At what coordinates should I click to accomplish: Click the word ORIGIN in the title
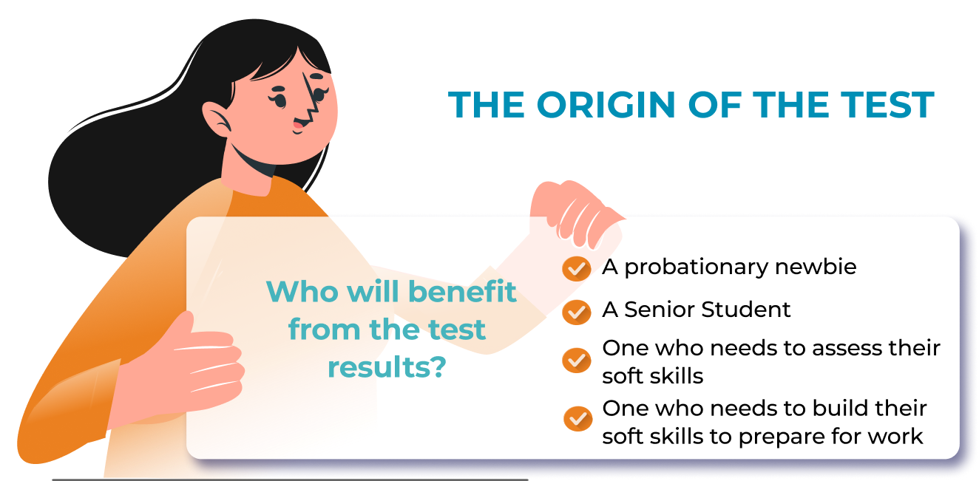(606, 105)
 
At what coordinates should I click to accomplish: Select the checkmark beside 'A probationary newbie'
(577, 269)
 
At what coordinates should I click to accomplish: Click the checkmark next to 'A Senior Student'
(577, 312)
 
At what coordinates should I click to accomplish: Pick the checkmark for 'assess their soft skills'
(577, 361)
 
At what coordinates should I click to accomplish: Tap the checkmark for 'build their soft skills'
(577, 419)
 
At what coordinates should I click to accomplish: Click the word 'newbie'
(816, 267)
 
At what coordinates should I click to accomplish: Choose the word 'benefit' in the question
(464, 291)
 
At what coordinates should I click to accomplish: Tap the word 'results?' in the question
(387, 367)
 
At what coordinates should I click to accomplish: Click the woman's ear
(216, 119)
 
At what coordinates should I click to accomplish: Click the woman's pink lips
(298, 126)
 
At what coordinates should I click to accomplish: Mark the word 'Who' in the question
(302, 291)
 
